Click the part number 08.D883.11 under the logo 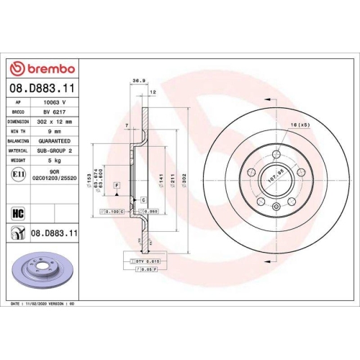point(42,89)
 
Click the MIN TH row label point(19,132)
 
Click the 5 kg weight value point(59,160)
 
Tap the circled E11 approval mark point(19,174)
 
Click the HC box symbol point(19,213)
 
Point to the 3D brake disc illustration point(43,271)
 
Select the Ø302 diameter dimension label point(185,176)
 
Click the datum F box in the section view point(115,185)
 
